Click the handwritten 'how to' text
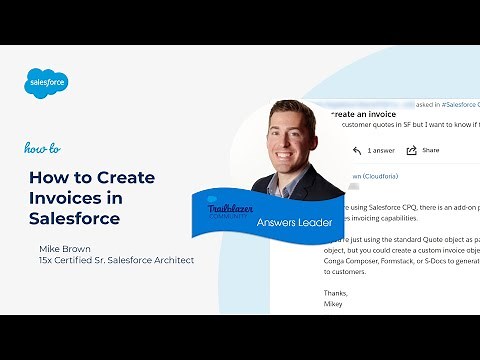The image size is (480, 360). point(42,148)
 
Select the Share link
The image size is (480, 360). point(430,150)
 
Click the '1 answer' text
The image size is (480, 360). point(381,150)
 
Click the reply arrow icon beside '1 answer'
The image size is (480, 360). point(356,150)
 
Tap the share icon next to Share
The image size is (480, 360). point(411,150)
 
